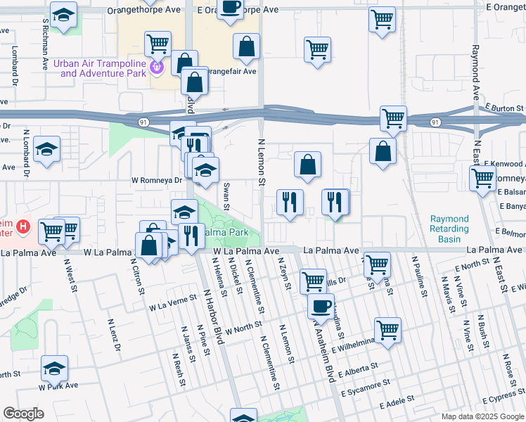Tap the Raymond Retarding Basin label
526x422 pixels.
tap(449, 229)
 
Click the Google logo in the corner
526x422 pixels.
tap(23, 414)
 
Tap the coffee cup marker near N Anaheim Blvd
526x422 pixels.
tap(321, 307)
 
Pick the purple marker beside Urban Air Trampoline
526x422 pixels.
tap(156, 68)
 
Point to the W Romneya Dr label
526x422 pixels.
tap(158, 179)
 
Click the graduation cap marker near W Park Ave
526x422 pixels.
tap(54, 368)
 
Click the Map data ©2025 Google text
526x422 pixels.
tap(482, 416)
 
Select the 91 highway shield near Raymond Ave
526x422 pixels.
tap(435, 122)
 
